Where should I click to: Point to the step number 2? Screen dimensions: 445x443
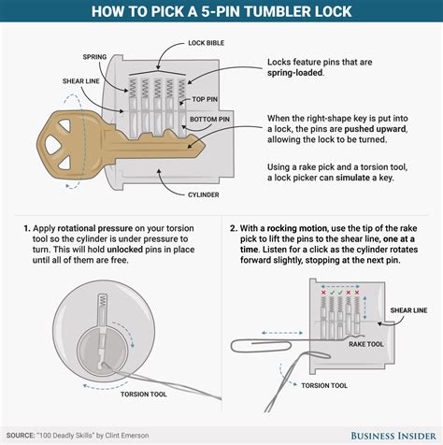pyautogui.click(x=231, y=226)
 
